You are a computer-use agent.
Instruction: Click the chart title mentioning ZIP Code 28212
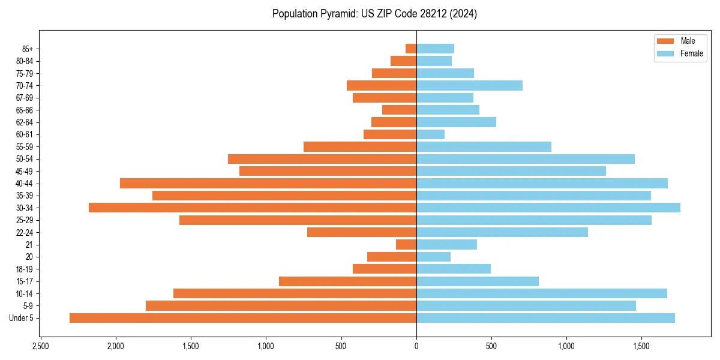click(374, 14)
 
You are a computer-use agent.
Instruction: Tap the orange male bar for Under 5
click(243, 318)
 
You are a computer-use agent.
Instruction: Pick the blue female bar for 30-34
click(548, 208)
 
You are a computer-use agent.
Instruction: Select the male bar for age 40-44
click(268, 183)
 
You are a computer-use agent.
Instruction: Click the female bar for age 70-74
click(469, 85)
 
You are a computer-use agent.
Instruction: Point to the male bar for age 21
click(406, 245)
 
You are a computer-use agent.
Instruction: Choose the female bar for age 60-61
click(430, 134)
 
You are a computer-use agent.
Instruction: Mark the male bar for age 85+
click(411, 49)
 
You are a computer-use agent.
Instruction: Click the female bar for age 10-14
click(542, 293)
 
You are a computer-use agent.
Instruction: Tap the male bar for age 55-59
click(360, 146)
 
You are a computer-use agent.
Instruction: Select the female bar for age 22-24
click(502, 232)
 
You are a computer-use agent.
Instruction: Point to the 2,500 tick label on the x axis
click(40, 347)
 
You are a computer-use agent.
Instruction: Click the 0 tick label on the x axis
click(416, 347)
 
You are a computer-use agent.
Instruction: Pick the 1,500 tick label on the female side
click(641, 347)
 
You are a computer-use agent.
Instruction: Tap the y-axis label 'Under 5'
click(22, 318)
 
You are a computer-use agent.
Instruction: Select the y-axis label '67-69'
click(24, 98)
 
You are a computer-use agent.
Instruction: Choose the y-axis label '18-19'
click(24, 269)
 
